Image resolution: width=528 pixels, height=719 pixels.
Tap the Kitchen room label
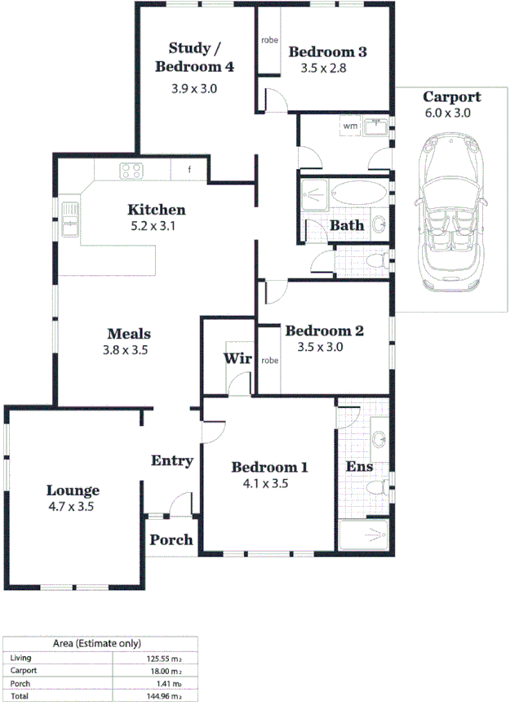[x=156, y=210]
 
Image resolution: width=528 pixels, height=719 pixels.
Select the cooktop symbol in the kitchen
[x=131, y=171]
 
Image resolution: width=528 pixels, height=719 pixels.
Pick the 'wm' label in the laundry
[x=350, y=126]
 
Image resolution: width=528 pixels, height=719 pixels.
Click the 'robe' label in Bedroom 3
[x=269, y=40]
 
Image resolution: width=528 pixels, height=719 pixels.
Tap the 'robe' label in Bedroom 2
[x=269, y=360]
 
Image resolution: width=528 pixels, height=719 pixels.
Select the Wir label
[x=237, y=358]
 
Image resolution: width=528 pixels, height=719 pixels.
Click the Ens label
[x=360, y=467]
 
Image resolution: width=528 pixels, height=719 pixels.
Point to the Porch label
[x=171, y=539]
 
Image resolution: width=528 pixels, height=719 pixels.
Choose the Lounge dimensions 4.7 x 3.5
[x=73, y=507]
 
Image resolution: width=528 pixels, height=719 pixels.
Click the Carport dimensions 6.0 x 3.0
[x=447, y=113]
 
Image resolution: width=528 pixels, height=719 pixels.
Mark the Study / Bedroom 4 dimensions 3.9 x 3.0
[x=194, y=88]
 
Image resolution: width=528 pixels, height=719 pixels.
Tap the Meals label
[x=129, y=333]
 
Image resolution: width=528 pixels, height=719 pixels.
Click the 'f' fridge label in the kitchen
[x=189, y=170]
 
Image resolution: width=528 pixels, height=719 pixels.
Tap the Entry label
[x=172, y=461]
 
